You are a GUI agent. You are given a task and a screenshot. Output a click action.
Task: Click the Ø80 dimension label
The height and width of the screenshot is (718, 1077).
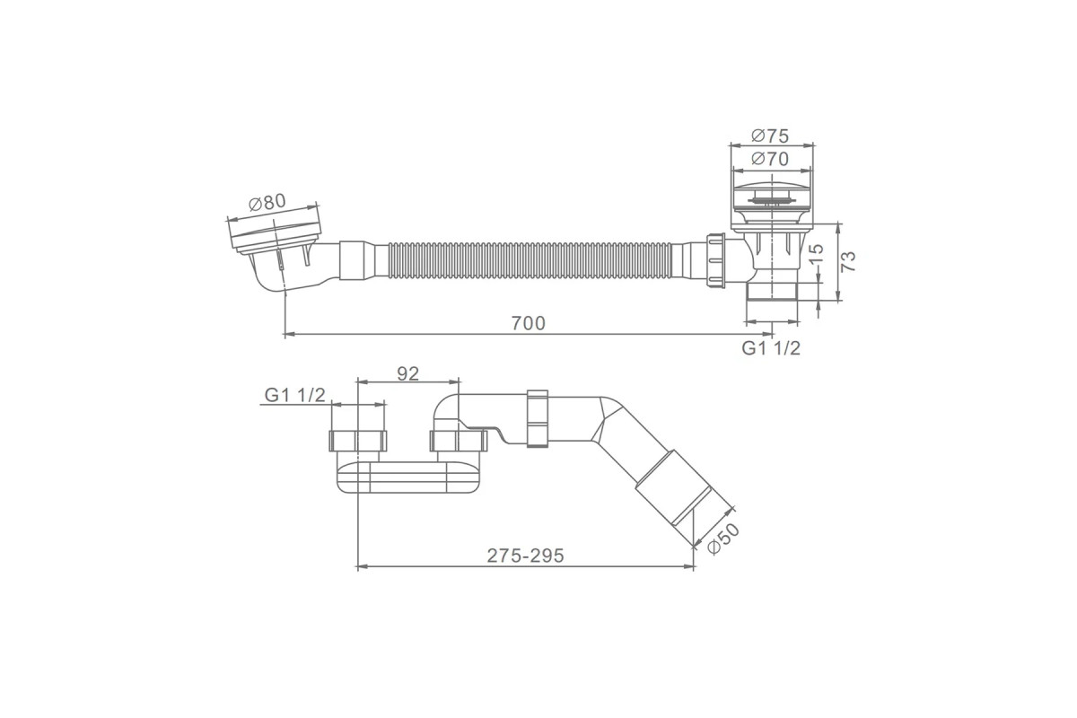tap(267, 203)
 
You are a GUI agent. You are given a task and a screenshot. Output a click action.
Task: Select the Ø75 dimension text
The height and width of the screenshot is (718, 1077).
tap(770, 136)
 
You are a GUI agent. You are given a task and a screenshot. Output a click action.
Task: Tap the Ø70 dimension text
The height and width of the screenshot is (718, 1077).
tap(770, 159)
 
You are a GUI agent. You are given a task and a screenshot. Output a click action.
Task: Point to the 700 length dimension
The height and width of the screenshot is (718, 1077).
tap(529, 323)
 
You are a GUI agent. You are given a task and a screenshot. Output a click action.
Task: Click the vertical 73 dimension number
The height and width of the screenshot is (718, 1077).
tap(849, 261)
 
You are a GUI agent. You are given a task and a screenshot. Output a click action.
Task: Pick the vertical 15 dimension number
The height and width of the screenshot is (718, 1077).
tap(817, 254)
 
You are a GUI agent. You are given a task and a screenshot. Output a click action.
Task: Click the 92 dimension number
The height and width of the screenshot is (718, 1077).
tap(407, 373)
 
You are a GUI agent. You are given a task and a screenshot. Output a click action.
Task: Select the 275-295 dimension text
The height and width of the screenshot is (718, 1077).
tap(525, 556)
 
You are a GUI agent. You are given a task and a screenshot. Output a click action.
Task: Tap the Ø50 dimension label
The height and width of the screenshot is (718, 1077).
tap(723, 539)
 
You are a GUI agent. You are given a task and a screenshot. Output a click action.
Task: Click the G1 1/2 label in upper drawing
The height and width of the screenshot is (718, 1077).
tap(771, 348)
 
